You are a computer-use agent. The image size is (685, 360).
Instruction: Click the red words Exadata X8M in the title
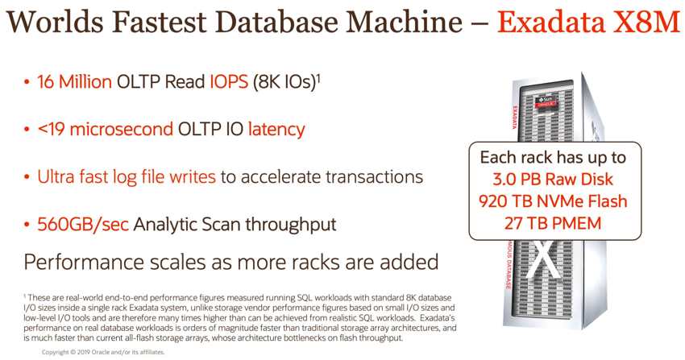(588, 22)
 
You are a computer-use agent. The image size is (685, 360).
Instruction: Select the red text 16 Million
(74, 81)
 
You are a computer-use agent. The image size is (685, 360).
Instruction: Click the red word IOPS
(229, 81)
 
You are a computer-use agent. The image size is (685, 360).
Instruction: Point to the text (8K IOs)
(284, 82)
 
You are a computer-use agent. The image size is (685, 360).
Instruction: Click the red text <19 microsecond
(106, 129)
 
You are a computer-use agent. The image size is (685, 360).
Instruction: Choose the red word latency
(276, 130)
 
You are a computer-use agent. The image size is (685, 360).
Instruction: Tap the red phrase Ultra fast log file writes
(127, 177)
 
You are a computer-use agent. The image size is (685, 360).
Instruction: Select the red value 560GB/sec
(83, 225)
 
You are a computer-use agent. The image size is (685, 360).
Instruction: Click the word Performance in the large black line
(84, 262)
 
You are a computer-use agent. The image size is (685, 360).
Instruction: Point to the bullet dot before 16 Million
(27, 82)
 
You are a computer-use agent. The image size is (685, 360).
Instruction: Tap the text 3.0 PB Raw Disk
(553, 180)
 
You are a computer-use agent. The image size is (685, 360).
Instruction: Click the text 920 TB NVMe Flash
(553, 201)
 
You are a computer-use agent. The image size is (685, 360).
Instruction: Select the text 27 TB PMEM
(553, 223)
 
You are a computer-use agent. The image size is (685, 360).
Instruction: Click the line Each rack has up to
(553, 158)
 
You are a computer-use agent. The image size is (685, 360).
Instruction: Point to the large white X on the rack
(542, 260)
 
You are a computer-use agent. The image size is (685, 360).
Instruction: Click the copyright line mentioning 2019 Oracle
(103, 352)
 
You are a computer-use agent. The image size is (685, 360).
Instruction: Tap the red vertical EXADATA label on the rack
(515, 117)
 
